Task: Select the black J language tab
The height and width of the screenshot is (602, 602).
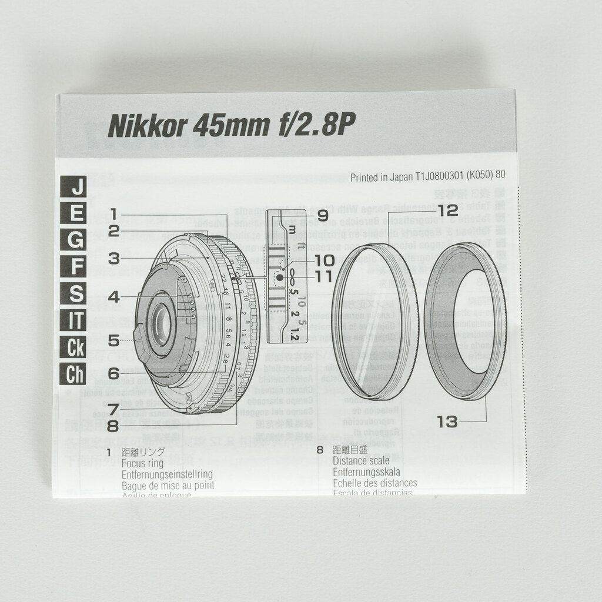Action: pyautogui.click(x=76, y=188)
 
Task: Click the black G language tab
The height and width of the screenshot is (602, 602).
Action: pyautogui.click(x=76, y=240)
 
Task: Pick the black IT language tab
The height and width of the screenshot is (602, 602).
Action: pyautogui.click(x=76, y=320)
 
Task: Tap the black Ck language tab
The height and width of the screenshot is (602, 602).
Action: pyautogui.click(x=76, y=347)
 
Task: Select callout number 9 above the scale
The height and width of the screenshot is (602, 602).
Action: pyautogui.click(x=323, y=216)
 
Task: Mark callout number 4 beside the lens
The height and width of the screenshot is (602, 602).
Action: pyautogui.click(x=114, y=297)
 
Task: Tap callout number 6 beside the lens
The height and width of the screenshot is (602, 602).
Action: pyautogui.click(x=114, y=373)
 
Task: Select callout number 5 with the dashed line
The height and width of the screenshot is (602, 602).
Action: pyautogui.click(x=114, y=340)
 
